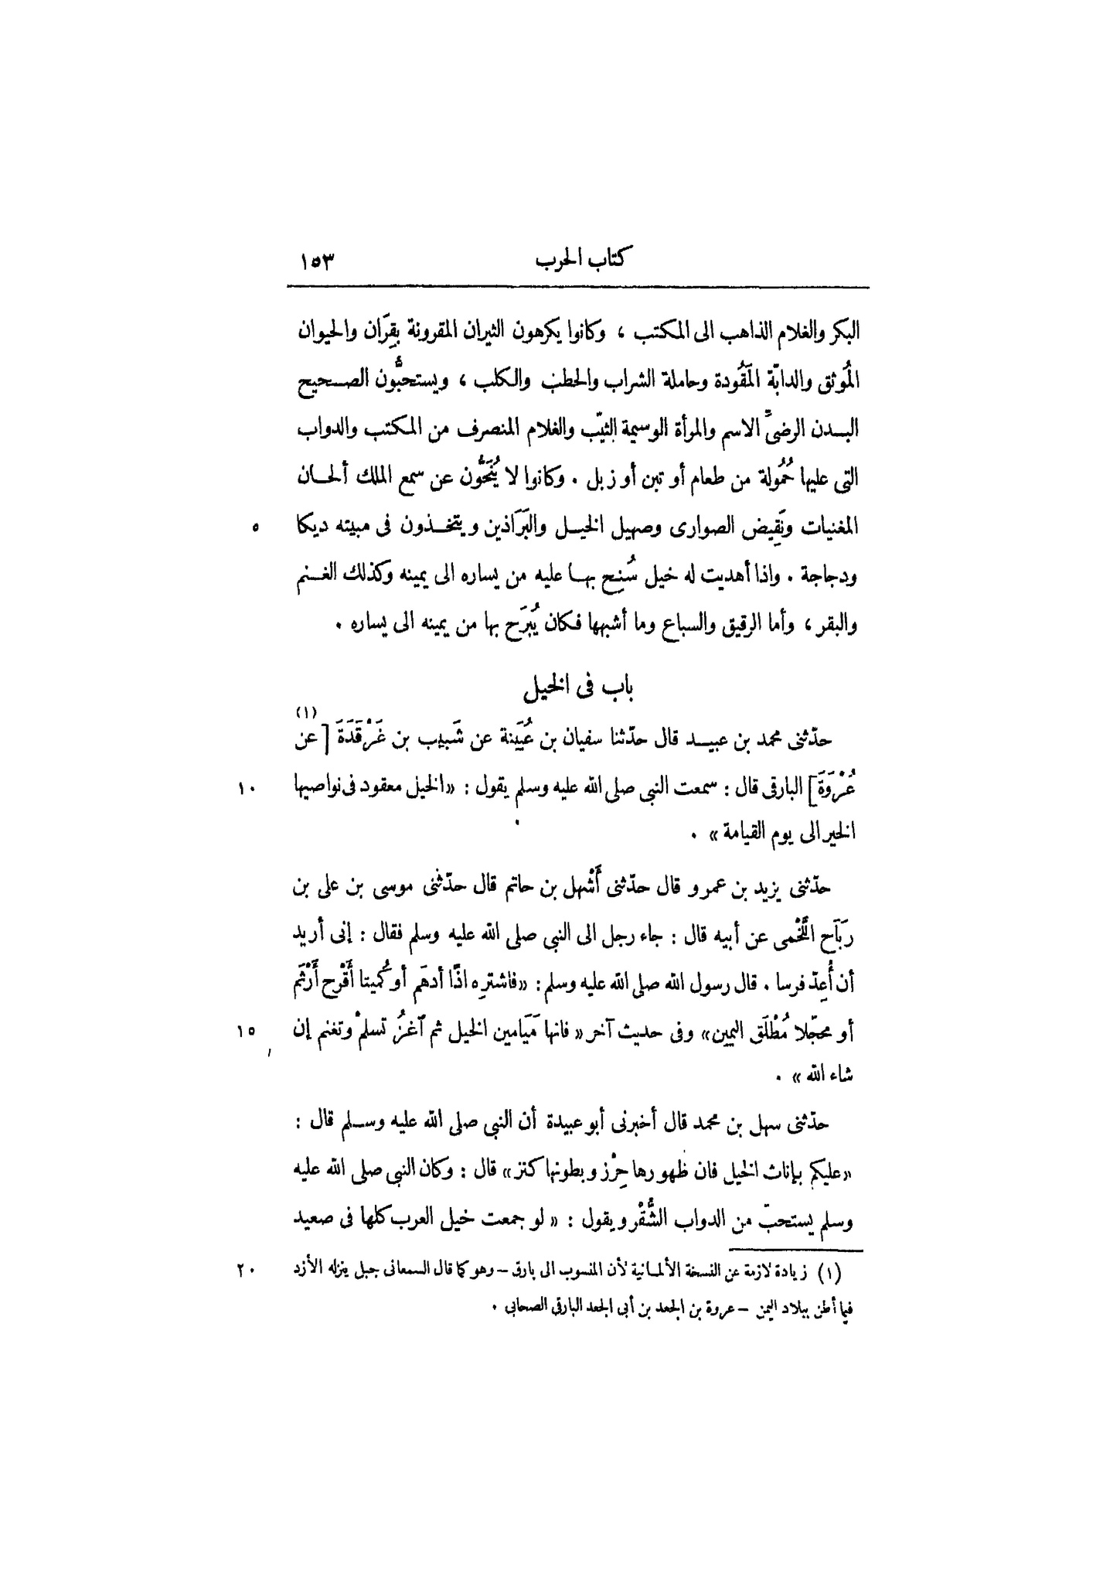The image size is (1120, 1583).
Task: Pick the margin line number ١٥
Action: (247, 1032)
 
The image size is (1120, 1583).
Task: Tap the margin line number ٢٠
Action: (247, 1271)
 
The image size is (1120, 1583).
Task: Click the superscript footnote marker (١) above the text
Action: (305, 712)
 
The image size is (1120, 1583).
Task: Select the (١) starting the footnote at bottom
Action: (846, 1272)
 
